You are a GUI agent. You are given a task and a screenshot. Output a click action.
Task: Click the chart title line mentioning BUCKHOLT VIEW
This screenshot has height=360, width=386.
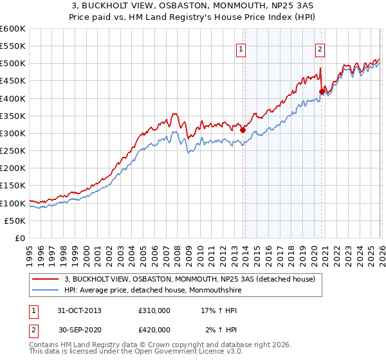[193, 6]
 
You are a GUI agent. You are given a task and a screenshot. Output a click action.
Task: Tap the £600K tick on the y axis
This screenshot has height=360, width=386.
[13, 29]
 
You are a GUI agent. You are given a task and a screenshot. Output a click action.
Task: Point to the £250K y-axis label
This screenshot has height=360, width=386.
[13, 151]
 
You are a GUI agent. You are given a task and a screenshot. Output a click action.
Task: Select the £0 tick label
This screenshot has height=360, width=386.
[19, 238]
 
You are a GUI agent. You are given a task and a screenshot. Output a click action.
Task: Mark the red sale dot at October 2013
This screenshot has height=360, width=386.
[243, 130]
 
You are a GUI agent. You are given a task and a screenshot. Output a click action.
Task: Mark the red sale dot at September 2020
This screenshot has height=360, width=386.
[322, 91]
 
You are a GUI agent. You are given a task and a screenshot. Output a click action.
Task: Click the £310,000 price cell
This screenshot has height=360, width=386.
[154, 310]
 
